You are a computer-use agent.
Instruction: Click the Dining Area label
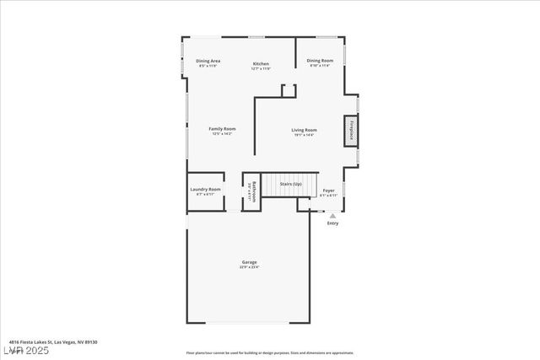(x=208, y=61)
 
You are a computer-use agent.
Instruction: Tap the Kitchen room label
(x=261, y=64)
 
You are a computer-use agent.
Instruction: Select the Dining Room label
(x=320, y=60)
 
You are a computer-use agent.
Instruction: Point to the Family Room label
(x=223, y=129)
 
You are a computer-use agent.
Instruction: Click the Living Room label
(x=304, y=130)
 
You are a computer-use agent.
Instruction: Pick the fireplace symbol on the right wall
(x=351, y=132)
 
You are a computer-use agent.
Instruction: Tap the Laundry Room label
(x=205, y=190)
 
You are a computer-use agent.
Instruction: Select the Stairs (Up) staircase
(x=290, y=184)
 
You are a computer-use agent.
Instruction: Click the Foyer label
(x=329, y=191)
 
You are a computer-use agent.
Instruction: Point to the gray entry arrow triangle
(x=332, y=216)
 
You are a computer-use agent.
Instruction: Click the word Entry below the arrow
(x=332, y=223)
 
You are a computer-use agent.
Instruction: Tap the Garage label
(x=250, y=262)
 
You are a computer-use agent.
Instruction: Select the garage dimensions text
(x=250, y=267)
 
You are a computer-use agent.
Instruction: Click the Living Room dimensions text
(x=304, y=135)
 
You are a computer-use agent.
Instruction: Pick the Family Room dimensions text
(x=223, y=134)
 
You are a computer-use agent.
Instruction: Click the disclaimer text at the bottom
(x=270, y=353)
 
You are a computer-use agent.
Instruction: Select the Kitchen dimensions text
(x=261, y=69)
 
